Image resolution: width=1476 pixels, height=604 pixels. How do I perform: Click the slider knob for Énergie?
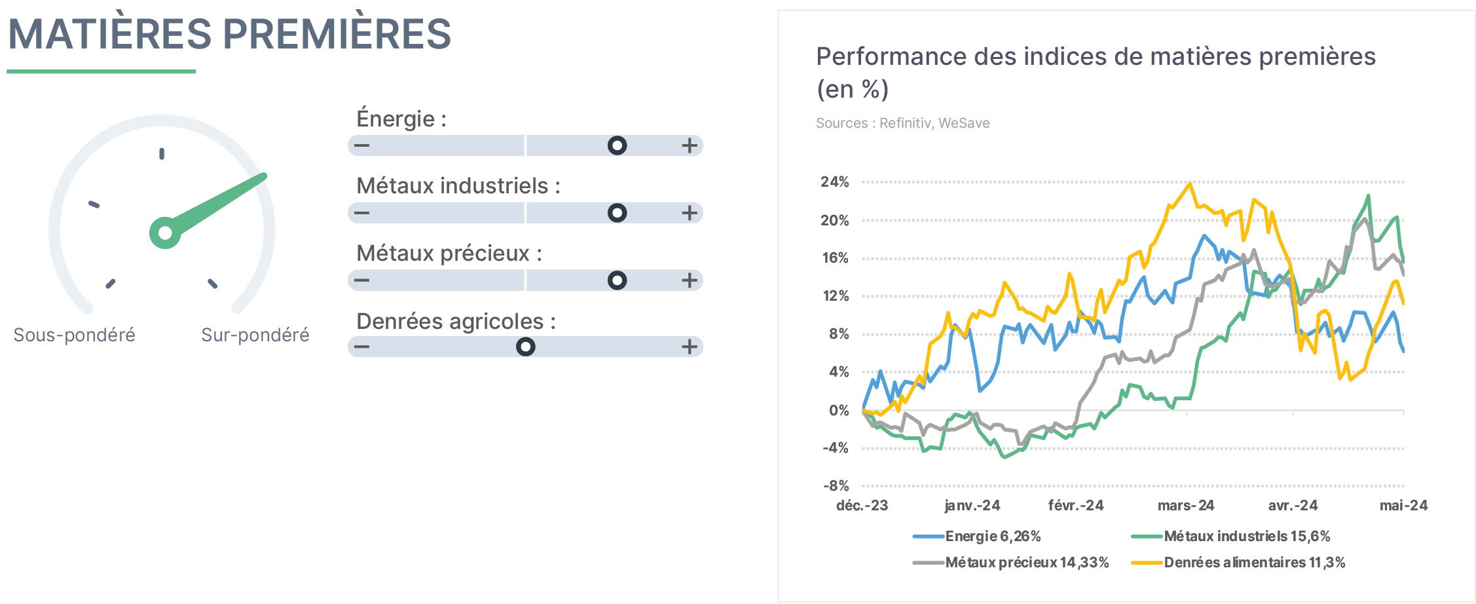tap(617, 145)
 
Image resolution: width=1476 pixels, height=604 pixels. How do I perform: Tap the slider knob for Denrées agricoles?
tap(525, 347)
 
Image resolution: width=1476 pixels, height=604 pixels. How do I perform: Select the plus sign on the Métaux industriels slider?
tap(689, 213)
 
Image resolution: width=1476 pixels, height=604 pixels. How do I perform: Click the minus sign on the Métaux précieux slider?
tap(361, 280)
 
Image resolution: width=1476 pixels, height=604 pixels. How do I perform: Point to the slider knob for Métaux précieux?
tap(617, 280)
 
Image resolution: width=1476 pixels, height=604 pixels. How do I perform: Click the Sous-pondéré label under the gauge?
tap(74, 335)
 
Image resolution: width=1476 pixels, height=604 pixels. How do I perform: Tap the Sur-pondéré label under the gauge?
tap(255, 335)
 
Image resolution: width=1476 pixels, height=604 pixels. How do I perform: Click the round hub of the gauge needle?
tap(165, 233)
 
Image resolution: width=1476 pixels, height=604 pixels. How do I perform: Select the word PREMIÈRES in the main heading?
tap(337, 34)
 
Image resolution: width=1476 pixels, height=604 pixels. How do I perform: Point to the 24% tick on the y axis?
tap(835, 182)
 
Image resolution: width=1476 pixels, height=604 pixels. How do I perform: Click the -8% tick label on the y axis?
tap(836, 486)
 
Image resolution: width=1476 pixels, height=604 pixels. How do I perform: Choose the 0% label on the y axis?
tap(839, 411)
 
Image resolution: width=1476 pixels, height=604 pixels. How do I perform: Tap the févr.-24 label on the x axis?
tap(1076, 506)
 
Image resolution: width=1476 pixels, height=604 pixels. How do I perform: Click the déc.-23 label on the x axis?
tap(862, 506)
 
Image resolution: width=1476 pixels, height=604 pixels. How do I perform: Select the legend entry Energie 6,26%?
tap(977, 537)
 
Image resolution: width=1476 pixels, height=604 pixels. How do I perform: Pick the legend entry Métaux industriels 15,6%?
tap(1231, 537)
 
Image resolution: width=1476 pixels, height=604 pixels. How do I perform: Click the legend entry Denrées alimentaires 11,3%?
tap(1238, 563)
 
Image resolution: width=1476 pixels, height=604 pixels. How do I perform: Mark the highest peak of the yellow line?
tap(1189, 184)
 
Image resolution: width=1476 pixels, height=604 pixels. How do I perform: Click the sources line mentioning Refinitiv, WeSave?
tap(902, 123)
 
